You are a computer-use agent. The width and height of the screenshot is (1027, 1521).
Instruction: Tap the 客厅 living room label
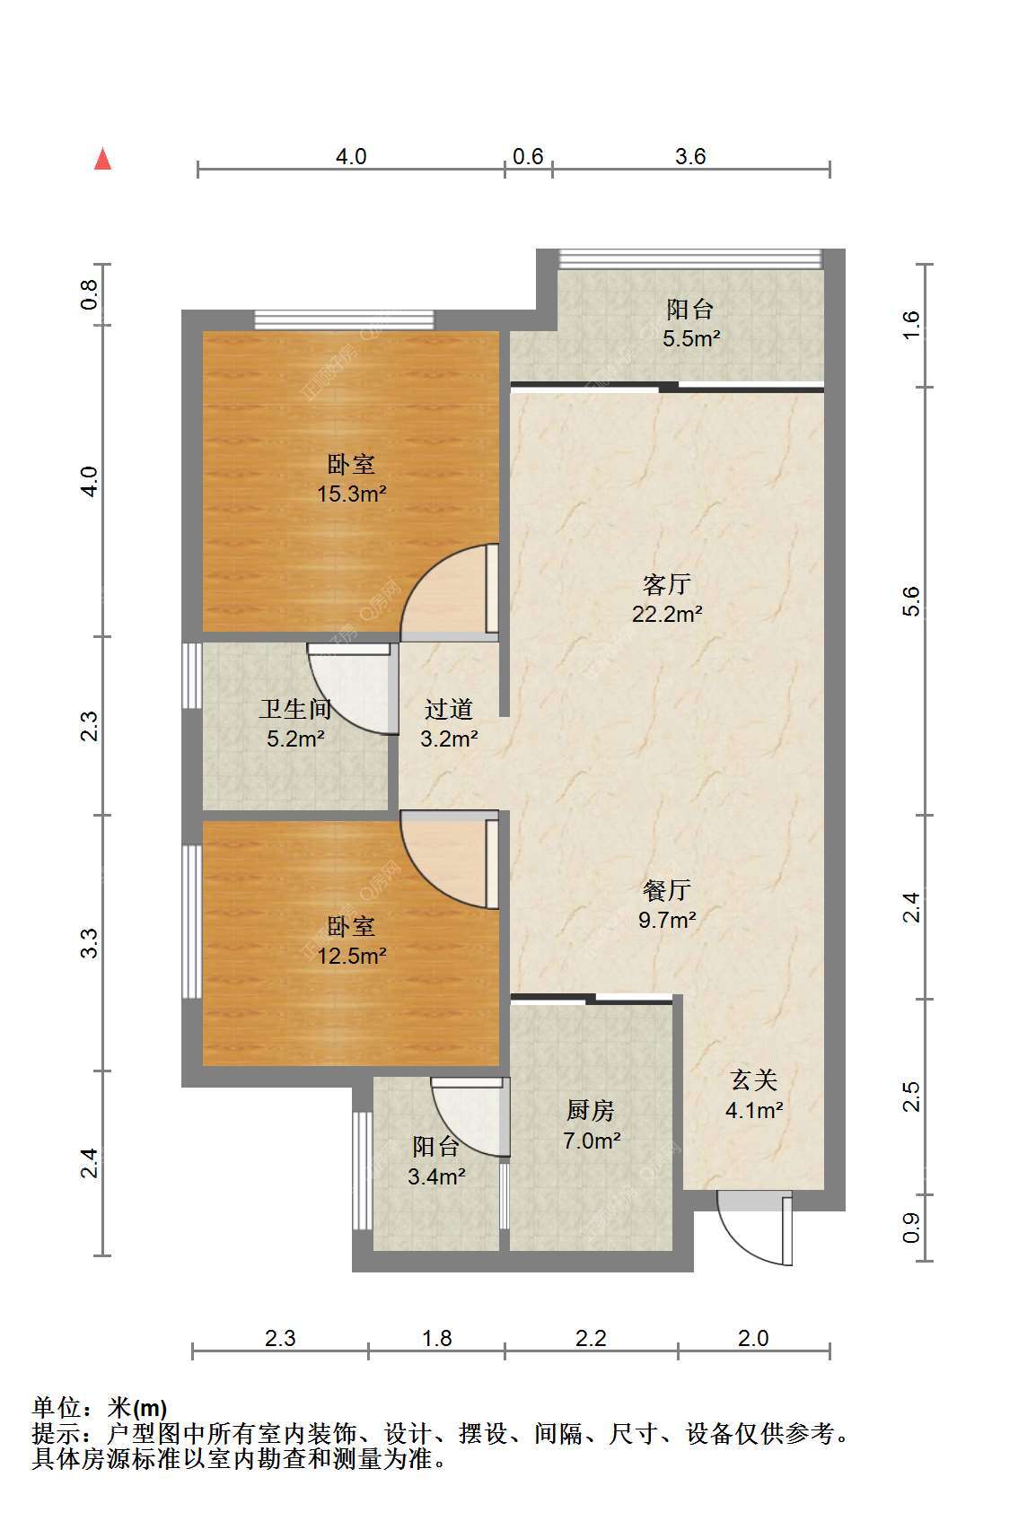(667, 584)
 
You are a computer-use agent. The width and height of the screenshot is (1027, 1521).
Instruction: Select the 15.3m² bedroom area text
(352, 494)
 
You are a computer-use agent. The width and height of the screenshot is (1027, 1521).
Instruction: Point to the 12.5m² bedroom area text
(352, 956)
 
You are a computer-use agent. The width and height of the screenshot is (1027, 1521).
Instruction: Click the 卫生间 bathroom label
(294, 710)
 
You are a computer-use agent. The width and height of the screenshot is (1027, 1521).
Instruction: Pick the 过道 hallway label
(448, 710)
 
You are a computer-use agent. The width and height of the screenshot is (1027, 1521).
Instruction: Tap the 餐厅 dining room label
(667, 889)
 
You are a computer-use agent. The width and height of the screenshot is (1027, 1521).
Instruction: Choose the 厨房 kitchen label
(591, 1111)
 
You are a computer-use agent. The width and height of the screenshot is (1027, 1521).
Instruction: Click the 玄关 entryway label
(754, 1080)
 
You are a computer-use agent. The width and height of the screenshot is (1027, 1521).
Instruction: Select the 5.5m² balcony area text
(691, 338)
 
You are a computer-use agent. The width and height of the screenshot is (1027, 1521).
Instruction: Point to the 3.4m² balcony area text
(436, 1176)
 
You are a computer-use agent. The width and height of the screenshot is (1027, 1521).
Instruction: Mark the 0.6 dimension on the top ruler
(528, 157)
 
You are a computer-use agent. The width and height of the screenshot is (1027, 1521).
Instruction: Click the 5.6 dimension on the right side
(911, 601)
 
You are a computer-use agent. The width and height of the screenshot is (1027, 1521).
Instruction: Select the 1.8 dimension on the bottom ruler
(437, 1338)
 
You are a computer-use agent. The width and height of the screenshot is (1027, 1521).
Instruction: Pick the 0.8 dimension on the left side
(89, 294)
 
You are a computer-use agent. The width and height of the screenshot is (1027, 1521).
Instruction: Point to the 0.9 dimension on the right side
(911, 1228)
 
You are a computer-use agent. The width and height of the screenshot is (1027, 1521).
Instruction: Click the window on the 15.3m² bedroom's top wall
(344, 319)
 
